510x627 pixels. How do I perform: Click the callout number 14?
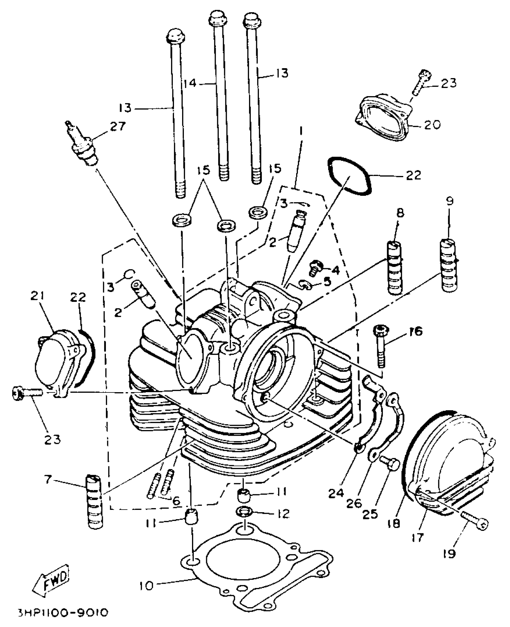coord(190,83)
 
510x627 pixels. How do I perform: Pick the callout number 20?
coord(432,124)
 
